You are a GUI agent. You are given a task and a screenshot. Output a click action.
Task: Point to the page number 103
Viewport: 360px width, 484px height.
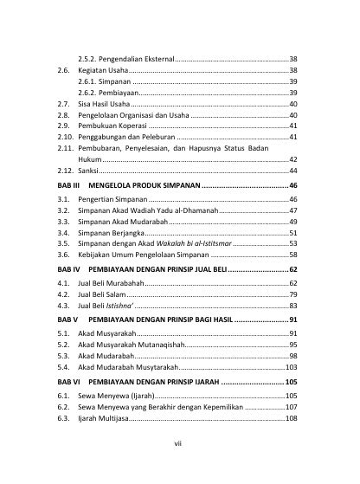pos(291,367)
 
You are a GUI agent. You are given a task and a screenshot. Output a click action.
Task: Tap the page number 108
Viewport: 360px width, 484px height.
pos(291,417)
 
